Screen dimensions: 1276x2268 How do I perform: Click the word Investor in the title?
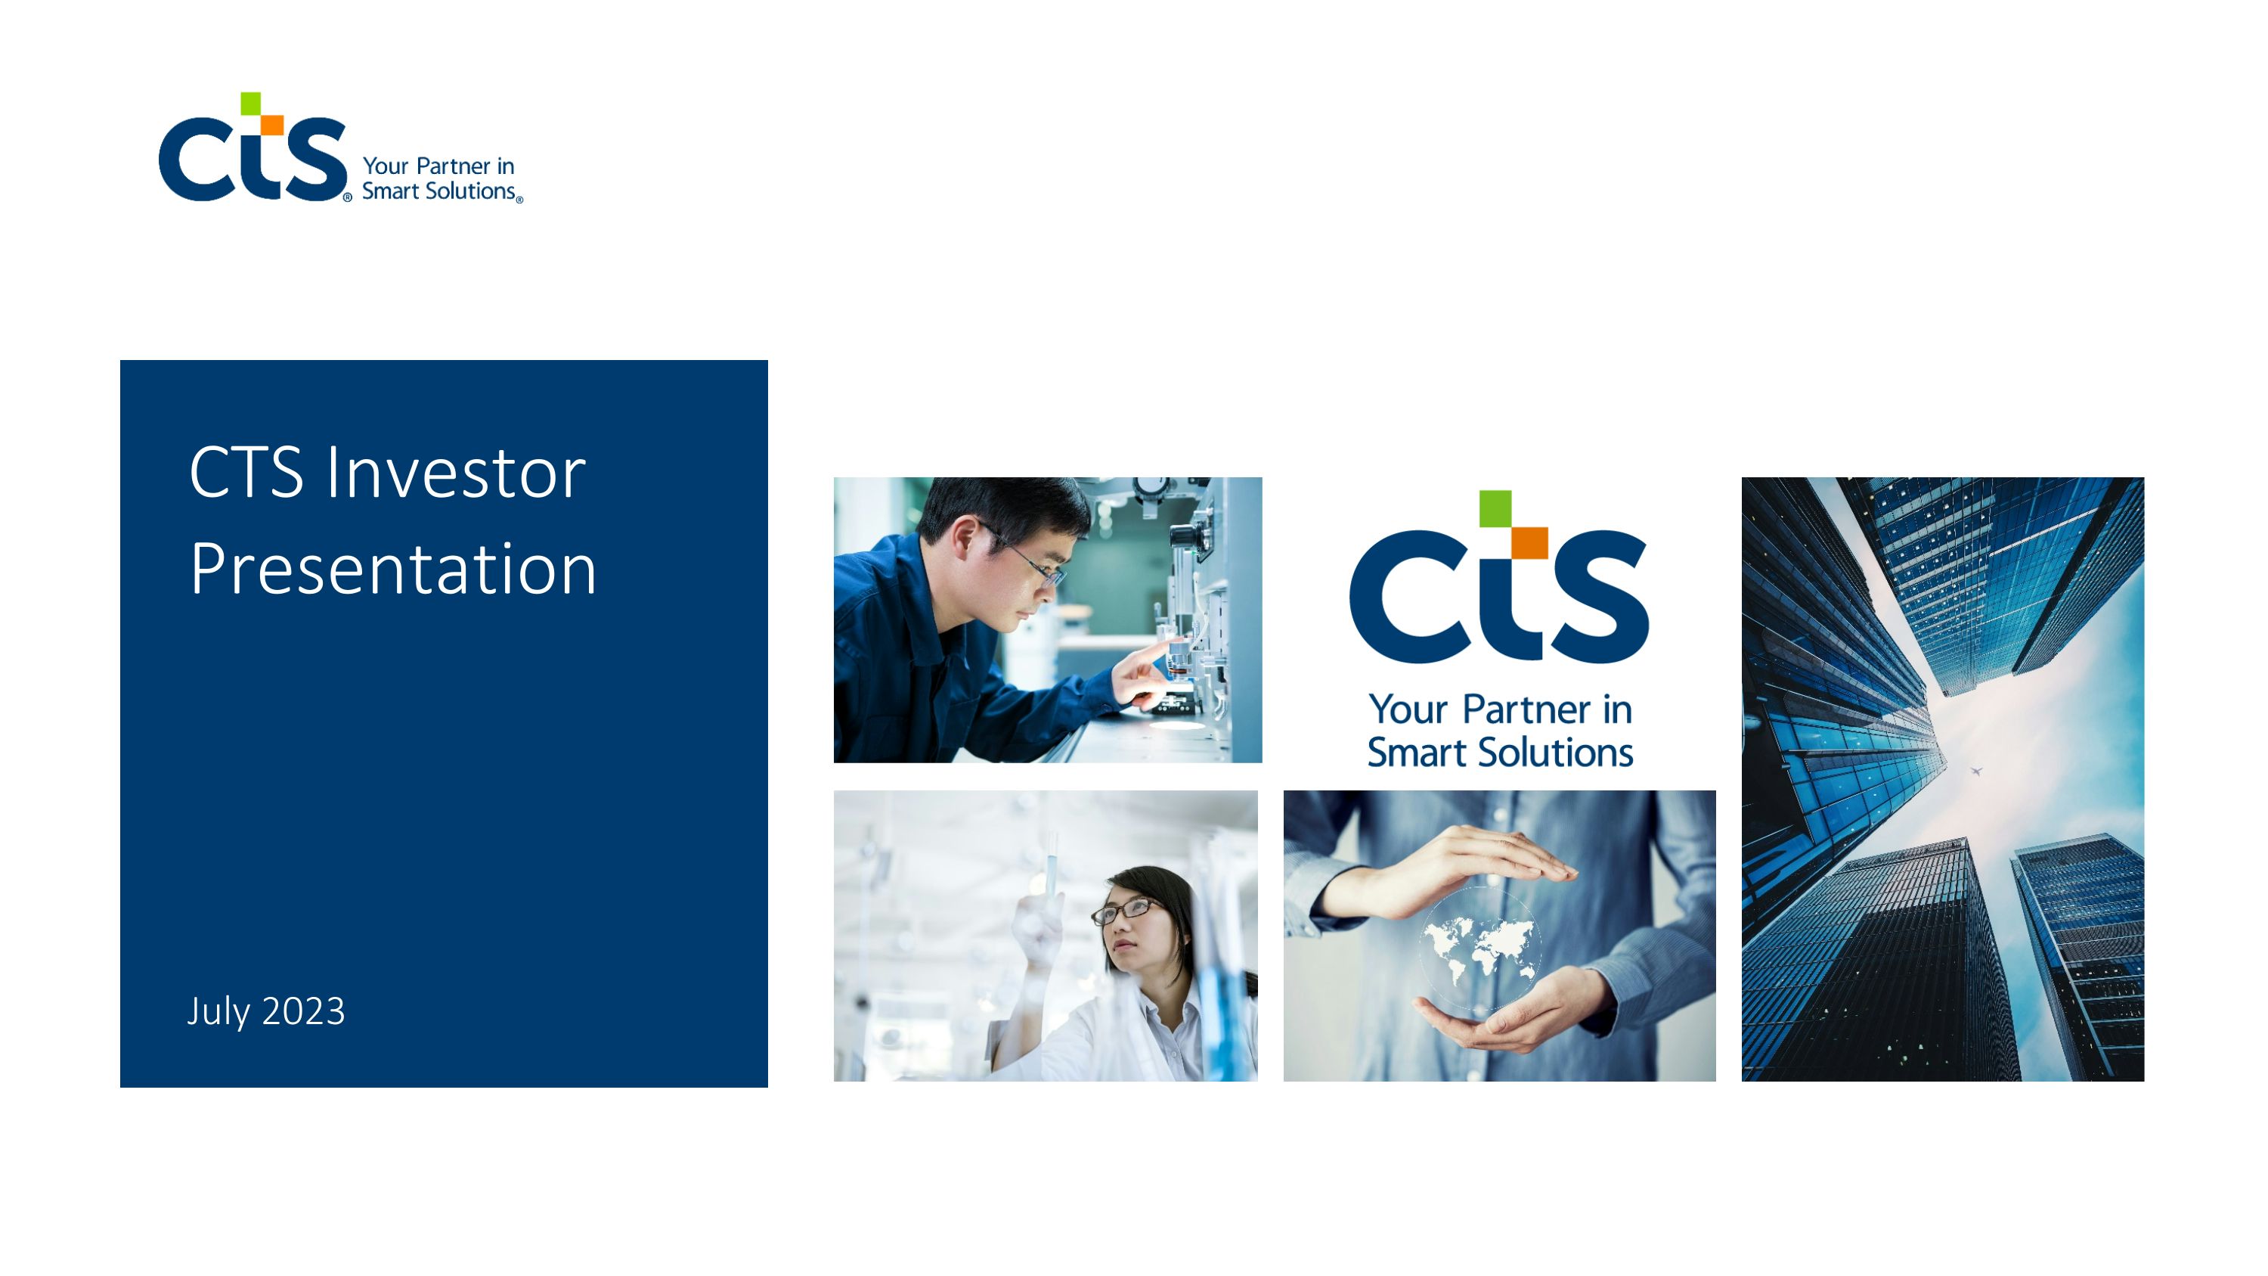(x=455, y=473)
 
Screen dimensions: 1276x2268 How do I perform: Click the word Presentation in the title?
(x=392, y=570)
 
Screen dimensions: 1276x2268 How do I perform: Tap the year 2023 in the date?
(x=303, y=1011)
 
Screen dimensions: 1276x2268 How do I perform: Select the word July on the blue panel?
(x=218, y=1012)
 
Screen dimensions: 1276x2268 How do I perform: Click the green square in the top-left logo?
(x=251, y=103)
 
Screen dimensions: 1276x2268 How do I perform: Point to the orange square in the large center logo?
(x=1530, y=542)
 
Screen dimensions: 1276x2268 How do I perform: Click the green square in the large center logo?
(x=1495, y=508)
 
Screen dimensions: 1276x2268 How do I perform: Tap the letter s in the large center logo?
(x=1598, y=596)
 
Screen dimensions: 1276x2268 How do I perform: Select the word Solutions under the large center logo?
(x=1555, y=753)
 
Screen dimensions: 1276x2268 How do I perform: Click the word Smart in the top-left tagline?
(x=390, y=191)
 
